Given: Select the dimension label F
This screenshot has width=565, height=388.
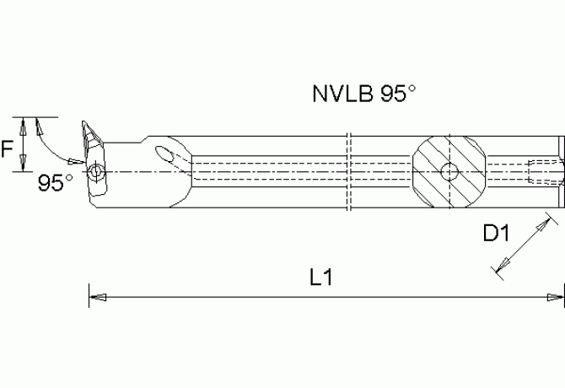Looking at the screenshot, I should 8,149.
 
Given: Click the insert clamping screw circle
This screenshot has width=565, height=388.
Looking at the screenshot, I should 98,173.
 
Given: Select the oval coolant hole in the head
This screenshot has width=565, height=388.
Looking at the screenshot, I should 166,154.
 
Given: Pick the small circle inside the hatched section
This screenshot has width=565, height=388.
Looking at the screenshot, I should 450,172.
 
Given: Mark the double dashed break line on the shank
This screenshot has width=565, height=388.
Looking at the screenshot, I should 348,171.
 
